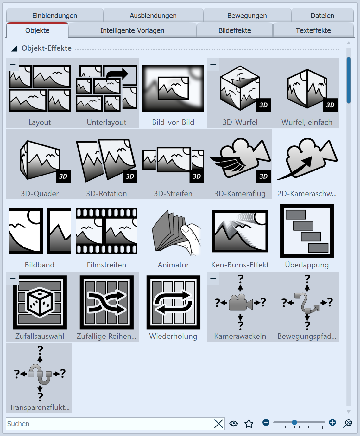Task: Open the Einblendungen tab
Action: tap(55, 16)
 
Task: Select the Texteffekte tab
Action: tap(313, 30)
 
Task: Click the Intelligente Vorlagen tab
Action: tap(132, 30)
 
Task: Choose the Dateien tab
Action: tap(322, 16)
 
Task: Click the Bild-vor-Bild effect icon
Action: tap(173, 88)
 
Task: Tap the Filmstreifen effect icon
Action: tap(106, 231)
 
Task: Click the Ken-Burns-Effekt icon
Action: tap(240, 231)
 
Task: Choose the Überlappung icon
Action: tap(307, 231)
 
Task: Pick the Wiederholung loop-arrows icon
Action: tap(173, 302)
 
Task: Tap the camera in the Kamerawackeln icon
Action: tap(241, 302)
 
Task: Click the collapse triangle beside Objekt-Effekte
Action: tap(14, 49)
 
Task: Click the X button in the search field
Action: tap(219, 424)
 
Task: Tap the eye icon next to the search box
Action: tap(234, 423)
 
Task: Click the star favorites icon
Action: tap(249, 424)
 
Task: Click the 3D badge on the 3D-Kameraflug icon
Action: tap(263, 176)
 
